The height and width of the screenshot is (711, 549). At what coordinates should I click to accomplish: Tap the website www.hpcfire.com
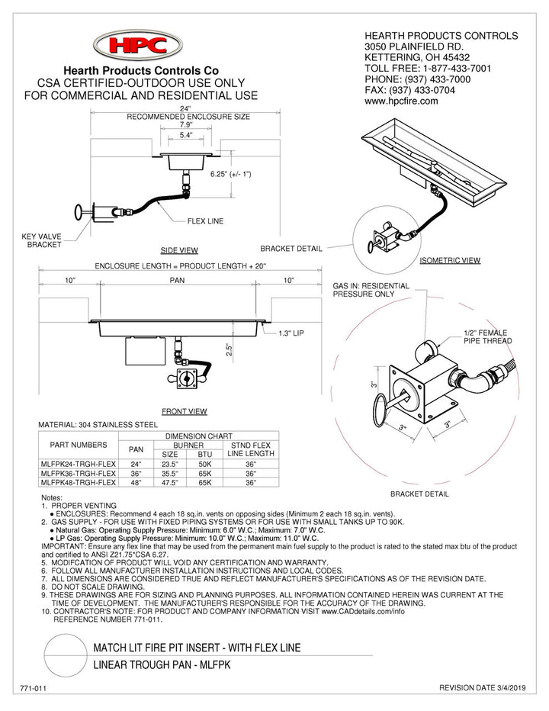pyautogui.click(x=401, y=101)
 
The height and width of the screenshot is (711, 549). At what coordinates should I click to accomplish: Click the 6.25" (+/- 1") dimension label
pyautogui.click(x=231, y=175)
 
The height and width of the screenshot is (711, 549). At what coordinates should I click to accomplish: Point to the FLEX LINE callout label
pyautogui.click(x=205, y=221)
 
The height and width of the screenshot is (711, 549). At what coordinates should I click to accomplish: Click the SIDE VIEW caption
pyautogui.click(x=179, y=250)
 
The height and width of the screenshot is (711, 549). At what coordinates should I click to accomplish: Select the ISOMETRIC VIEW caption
pyautogui.click(x=450, y=261)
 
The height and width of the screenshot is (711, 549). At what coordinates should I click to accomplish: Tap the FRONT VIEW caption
pyautogui.click(x=185, y=412)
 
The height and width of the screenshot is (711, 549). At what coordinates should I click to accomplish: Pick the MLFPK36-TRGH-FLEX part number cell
pyautogui.click(x=78, y=472)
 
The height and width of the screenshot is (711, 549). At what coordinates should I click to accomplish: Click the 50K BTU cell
pyautogui.click(x=204, y=462)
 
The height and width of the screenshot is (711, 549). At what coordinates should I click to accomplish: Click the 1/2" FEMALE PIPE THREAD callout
pyautogui.click(x=487, y=337)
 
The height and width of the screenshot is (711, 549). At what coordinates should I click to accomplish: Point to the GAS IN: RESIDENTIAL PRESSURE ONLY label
pyautogui.click(x=371, y=290)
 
